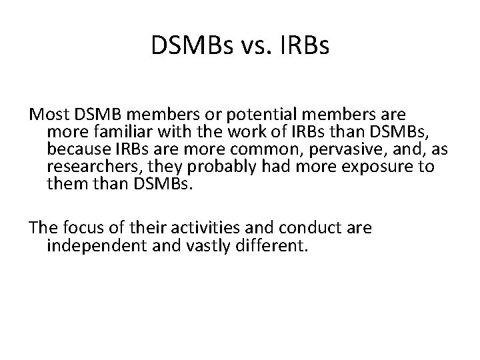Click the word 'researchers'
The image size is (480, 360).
click(91, 165)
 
